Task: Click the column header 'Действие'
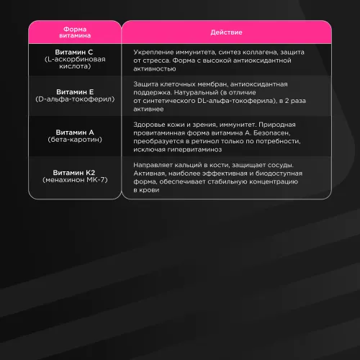[x=225, y=32]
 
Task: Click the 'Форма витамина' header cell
[x=73, y=32]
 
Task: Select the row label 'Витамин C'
[x=73, y=53]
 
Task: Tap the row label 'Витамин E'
[x=73, y=92]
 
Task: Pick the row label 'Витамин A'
[x=73, y=132]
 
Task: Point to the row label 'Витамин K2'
[x=73, y=172]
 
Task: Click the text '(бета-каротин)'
[x=73, y=140]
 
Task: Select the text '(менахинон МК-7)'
[x=73, y=179]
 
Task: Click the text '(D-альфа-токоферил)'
[x=73, y=99]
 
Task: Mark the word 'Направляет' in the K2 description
[x=154, y=166]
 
